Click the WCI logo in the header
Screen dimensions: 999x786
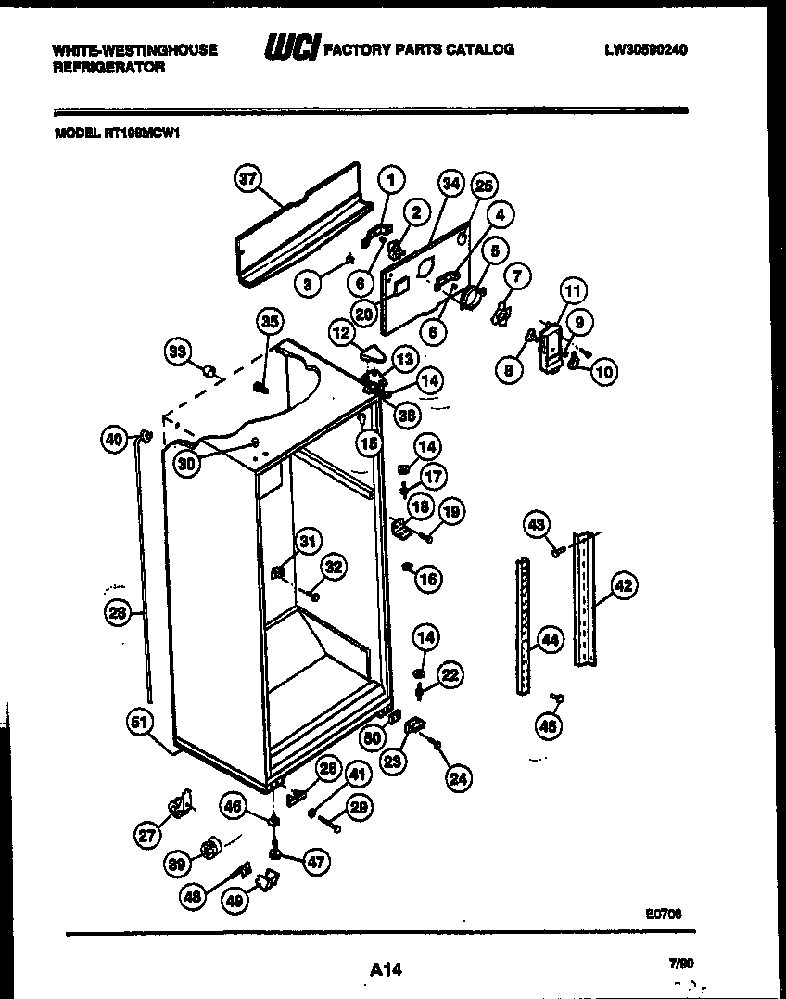pyautogui.click(x=291, y=49)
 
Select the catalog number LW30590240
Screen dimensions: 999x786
pyautogui.click(x=646, y=49)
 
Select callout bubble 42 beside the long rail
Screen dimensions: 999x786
pyautogui.click(x=623, y=585)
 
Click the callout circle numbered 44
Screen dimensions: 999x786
pyautogui.click(x=550, y=639)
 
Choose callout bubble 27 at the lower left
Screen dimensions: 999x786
pyautogui.click(x=146, y=835)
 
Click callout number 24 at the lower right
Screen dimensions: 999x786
pyautogui.click(x=457, y=780)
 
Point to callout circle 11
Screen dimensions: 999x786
pyautogui.click(x=574, y=291)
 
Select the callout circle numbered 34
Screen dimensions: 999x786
pyautogui.click(x=450, y=184)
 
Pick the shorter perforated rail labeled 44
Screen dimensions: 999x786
pyautogui.click(x=523, y=626)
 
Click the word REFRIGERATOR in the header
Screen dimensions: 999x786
pyautogui.click(x=109, y=68)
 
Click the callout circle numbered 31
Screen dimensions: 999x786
pyautogui.click(x=307, y=542)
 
